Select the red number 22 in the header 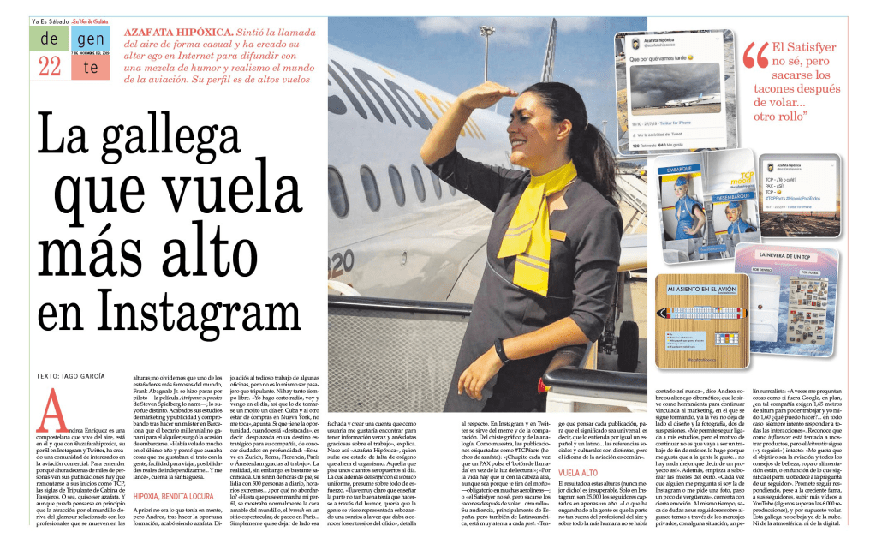(49, 66)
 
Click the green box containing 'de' (49, 38)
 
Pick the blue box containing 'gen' (90, 38)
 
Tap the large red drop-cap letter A (49, 410)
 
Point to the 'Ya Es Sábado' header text (49, 20)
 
